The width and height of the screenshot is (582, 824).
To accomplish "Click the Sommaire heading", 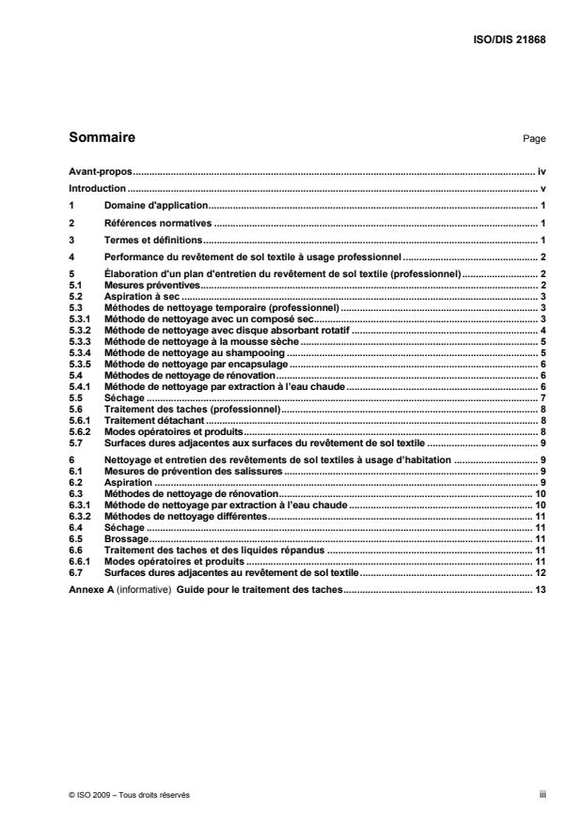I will pos(102,138).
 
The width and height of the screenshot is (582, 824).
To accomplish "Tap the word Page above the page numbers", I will pos(534,139).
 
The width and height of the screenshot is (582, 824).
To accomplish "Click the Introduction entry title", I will pos(97,188).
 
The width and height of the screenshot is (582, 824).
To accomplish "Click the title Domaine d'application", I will pos(155,204).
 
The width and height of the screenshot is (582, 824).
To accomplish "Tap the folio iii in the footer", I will pos(543,794).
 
